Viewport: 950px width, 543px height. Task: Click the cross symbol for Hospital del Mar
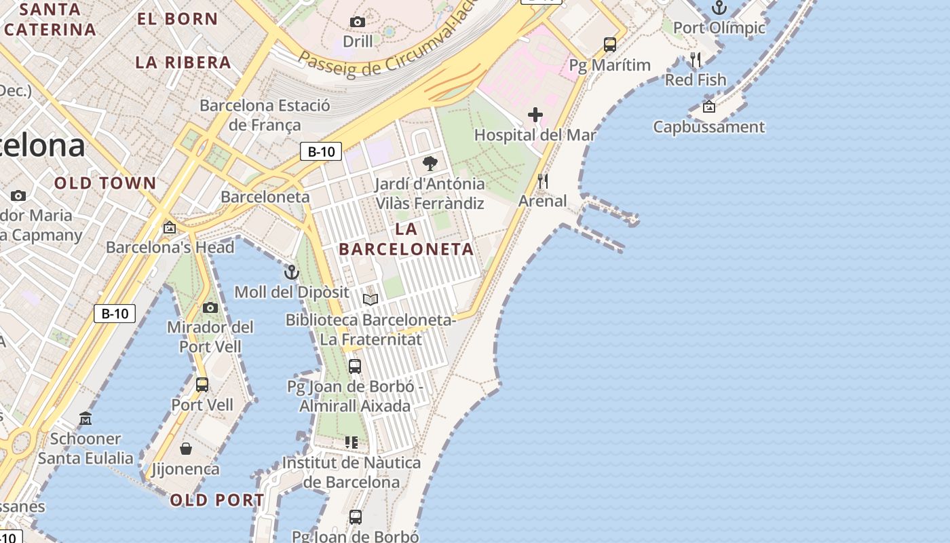click(x=535, y=115)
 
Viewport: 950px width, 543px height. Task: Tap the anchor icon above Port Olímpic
click(x=719, y=8)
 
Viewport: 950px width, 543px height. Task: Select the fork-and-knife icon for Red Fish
click(x=696, y=60)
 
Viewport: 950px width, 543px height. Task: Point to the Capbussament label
click(x=708, y=127)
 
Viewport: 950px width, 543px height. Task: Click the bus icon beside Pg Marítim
click(x=610, y=45)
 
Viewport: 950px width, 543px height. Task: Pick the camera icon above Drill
click(x=358, y=22)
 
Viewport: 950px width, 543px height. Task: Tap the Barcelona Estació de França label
click(x=265, y=115)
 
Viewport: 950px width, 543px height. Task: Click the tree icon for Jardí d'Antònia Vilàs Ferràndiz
click(x=430, y=164)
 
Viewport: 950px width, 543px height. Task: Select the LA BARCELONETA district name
click(x=406, y=240)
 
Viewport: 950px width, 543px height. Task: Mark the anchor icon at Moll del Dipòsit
click(x=292, y=272)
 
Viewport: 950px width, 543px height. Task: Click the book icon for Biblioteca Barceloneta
click(x=370, y=299)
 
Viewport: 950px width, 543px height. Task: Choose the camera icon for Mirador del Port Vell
click(x=210, y=307)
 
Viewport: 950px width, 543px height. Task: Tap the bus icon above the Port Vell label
click(x=202, y=385)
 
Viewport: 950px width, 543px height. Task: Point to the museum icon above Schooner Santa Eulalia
click(x=85, y=418)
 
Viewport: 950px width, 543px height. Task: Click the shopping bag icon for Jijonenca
click(x=185, y=449)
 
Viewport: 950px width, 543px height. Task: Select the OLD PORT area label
click(x=216, y=500)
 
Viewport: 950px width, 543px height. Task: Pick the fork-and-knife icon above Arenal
click(x=542, y=181)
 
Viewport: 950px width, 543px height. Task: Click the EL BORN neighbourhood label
click(x=177, y=19)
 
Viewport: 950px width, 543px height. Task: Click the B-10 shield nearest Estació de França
click(x=321, y=151)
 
